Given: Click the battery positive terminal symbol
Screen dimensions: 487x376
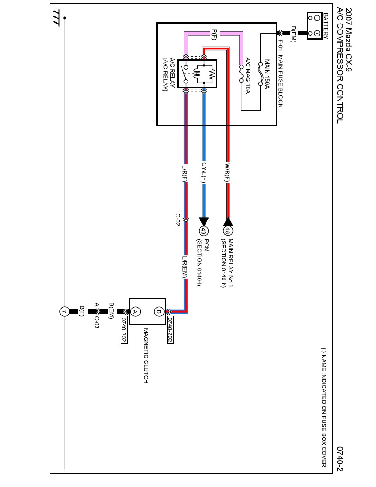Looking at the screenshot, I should pyautogui.click(x=317, y=33).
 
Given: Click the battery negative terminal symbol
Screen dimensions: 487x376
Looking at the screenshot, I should pyautogui.click(x=317, y=18).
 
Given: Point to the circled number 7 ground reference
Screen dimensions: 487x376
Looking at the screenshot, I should pyautogui.click(x=65, y=312).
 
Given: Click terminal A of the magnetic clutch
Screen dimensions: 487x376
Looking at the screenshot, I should pyautogui.click(x=135, y=311).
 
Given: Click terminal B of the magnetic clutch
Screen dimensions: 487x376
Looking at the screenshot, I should pyautogui.click(x=159, y=311).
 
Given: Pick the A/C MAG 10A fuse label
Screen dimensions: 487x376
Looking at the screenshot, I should pyautogui.click(x=247, y=76).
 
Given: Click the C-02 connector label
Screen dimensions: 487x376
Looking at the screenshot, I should pyautogui.click(x=178, y=219).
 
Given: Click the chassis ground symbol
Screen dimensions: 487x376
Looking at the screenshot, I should pyautogui.click(x=58, y=18).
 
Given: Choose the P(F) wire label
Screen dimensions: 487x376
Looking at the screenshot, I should pyautogui.click(x=215, y=34).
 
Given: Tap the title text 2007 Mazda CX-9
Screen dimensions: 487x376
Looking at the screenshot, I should pyautogui.click(x=347, y=40).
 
